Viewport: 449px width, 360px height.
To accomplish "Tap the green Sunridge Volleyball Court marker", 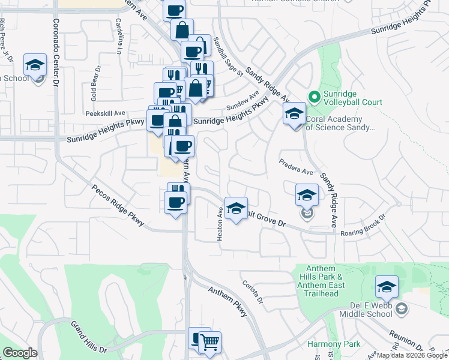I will pos(313,97).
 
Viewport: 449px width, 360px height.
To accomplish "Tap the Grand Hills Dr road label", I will pos(89,337).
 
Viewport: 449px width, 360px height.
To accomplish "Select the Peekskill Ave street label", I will pos(105,113).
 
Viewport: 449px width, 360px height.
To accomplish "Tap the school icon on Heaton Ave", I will pos(236,208).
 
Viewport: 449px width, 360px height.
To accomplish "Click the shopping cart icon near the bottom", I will pos(209,343).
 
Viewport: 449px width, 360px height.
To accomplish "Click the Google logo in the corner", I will pos(20,353).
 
